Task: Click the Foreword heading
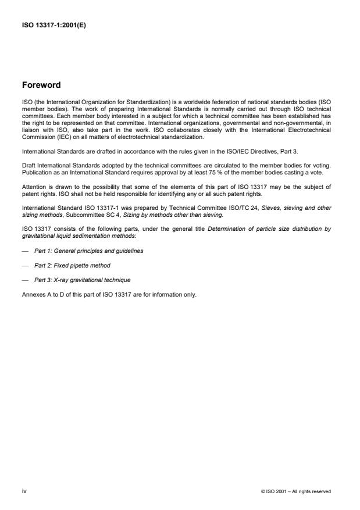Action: click(x=41, y=85)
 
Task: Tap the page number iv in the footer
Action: click(x=24, y=491)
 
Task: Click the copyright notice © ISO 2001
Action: click(x=296, y=491)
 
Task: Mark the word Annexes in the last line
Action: click(x=33, y=294)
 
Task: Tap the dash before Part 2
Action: click(x=25, y=265)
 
